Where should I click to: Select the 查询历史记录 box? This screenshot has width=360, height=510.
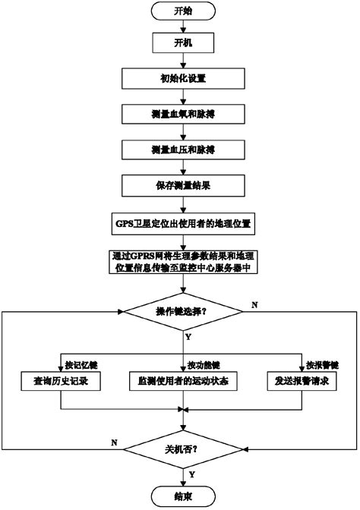click(60, 380)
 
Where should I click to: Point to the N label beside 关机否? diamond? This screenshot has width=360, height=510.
click(114, 441)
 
